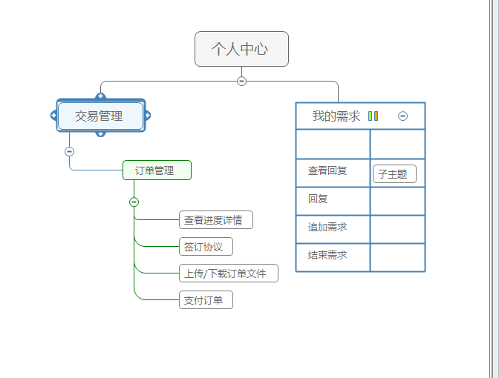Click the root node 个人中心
click(x=241, y=49)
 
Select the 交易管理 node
click(x=100, y=116)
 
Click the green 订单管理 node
click(x=157, y=170)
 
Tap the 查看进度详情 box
click(x=216, y=219)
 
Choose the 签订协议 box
click(x=206, y=246)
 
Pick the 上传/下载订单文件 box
click(x=229, y=273)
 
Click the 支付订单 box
click(x=206, y=300)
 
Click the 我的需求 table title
click(x=336, y=116)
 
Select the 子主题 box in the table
click(x=394, y=174)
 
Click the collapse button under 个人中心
click(x=241, y=81)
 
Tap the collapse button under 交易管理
click(x=70, y=151)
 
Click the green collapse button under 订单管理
click(x=134, y=202)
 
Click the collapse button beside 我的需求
click(x=402, y=116)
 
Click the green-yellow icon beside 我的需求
click(x=373, y=116)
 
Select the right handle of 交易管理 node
click(x=148, y=115)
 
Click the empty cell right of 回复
click(x=397, y=201)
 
